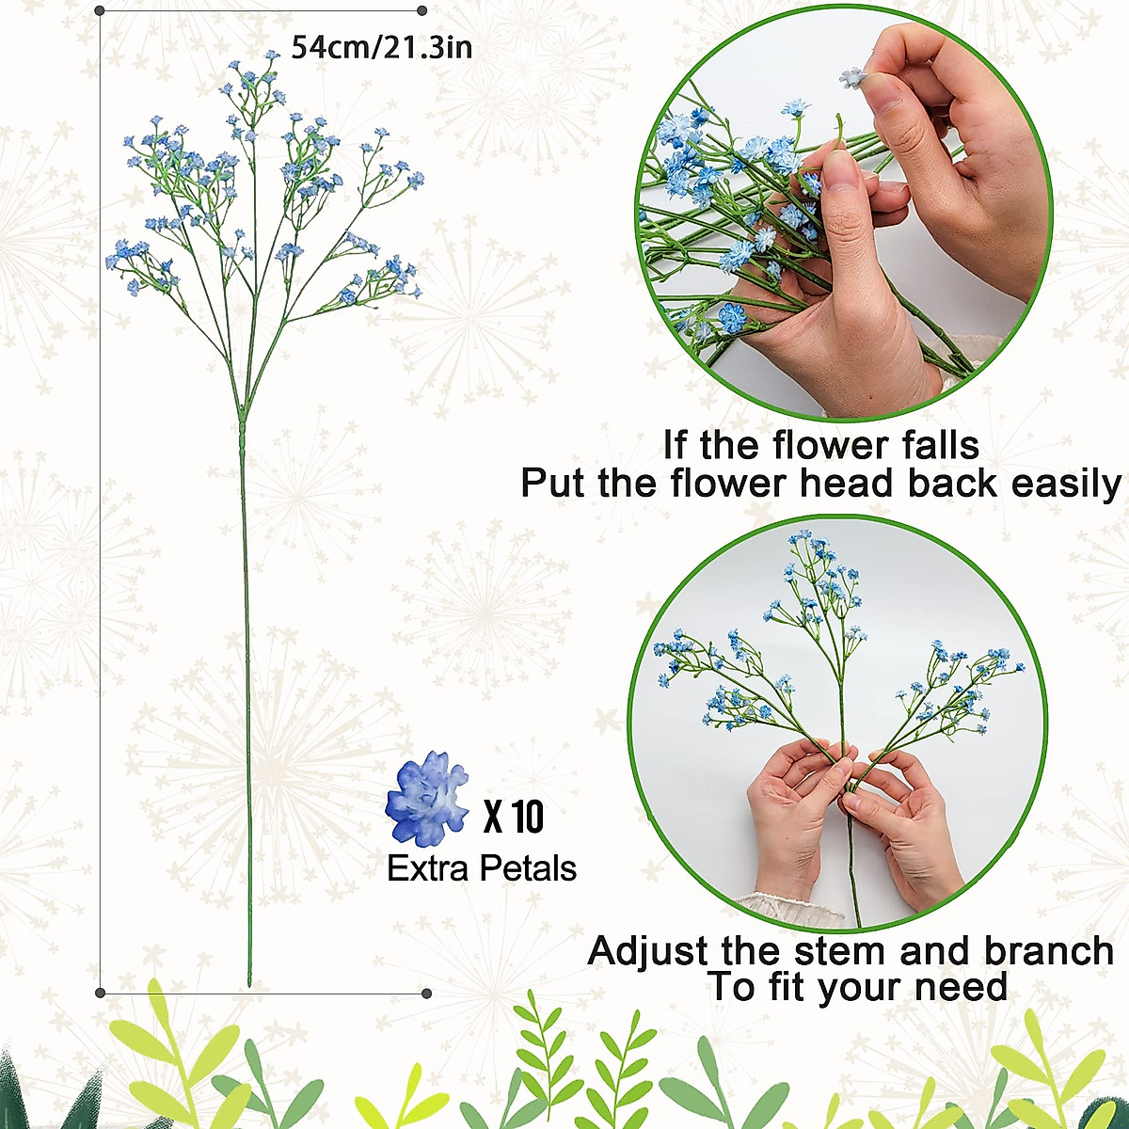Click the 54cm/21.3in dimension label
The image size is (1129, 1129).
click(x=381, y=46)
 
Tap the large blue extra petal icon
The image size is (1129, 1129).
click(x=427, y=797)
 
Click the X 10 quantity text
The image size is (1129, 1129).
click(x=514, y=817)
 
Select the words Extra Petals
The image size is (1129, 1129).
click(x=482, y=867)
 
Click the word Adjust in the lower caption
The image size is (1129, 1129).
click(x=648, y=950)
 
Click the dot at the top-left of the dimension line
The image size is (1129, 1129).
click(x=101, y=10)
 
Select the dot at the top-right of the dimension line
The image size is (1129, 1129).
click(x=421, y=10)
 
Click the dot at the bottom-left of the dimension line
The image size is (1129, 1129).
click(x=101, y=992)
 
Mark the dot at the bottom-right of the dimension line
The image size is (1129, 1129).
click(x=426, y=993)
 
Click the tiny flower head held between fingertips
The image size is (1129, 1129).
click(x=852, y=76)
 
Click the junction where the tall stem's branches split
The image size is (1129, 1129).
click(x=242, y=414)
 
